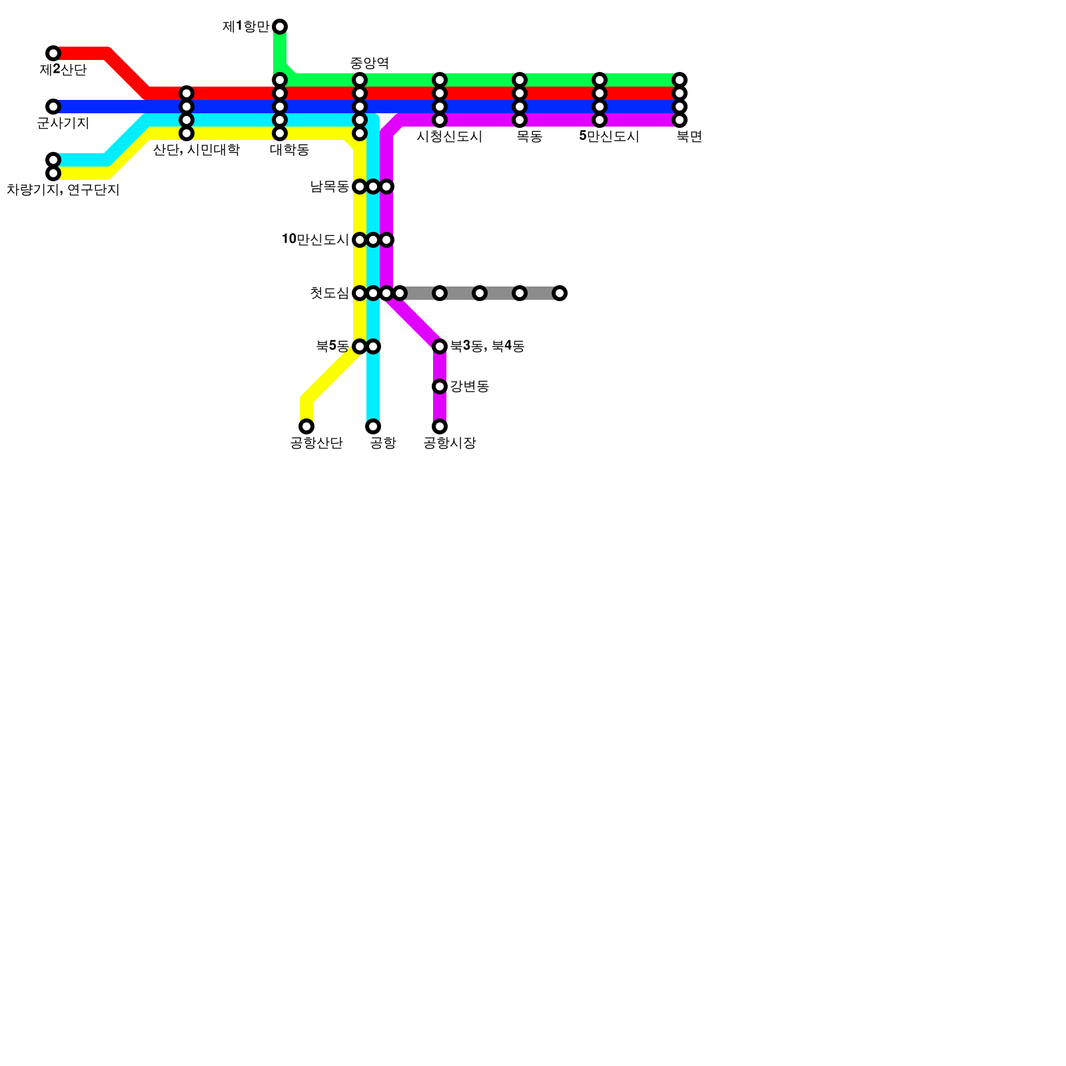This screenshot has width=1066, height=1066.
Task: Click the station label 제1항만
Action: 246,27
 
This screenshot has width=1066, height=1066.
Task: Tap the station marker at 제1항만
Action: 280,27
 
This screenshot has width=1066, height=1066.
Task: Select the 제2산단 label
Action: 63,70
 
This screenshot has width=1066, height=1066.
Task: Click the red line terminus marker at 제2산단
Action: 53,53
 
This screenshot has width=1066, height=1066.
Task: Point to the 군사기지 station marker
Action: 53,107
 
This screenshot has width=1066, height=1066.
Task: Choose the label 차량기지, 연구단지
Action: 63,190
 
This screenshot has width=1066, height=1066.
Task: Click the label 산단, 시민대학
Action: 196,150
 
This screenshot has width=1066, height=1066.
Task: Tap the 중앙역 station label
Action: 369,63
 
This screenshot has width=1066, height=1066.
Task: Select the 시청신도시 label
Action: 449,137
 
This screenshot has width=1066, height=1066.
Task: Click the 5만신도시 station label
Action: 609,137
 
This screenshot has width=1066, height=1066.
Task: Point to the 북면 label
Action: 689,137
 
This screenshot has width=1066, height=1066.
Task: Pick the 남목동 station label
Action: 329,187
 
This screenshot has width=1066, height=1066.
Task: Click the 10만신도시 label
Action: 315,239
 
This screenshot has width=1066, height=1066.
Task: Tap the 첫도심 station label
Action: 329,293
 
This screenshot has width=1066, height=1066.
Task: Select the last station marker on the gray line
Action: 560,293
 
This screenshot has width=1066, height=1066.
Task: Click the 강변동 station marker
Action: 440,386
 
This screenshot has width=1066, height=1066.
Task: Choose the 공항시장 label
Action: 450,443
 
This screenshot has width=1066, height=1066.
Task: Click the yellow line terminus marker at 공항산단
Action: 306,426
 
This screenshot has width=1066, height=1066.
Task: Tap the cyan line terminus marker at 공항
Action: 373,426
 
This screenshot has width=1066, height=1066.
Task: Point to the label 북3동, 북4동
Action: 487,346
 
